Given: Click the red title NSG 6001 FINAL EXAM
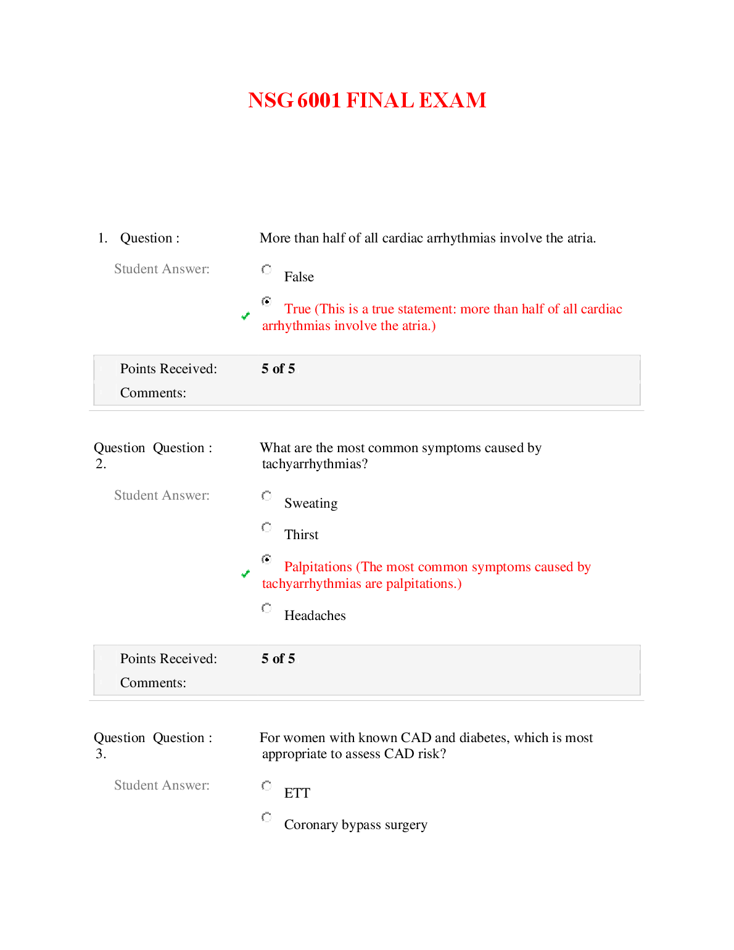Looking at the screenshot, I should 367,101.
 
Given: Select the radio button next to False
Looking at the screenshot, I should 266,270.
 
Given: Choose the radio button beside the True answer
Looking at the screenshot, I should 266,301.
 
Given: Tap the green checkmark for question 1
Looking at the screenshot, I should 245,316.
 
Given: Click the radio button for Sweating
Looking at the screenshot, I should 266,496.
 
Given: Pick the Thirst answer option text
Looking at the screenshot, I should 301,535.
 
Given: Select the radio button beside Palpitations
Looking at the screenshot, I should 266,559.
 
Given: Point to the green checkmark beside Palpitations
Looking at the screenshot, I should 245,574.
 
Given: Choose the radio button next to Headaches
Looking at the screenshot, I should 266,608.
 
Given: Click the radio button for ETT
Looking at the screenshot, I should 266,786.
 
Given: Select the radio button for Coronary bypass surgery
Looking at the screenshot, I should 266,817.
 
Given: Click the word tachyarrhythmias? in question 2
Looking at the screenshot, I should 315,464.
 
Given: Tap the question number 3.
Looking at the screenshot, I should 101,754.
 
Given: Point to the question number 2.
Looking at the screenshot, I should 101,464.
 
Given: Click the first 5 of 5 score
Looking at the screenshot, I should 278,369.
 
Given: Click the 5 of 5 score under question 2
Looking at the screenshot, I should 278,659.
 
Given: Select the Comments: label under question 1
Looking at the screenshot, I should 153,393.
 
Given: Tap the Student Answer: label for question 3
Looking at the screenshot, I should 162,785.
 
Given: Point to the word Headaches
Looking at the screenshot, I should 315,616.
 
